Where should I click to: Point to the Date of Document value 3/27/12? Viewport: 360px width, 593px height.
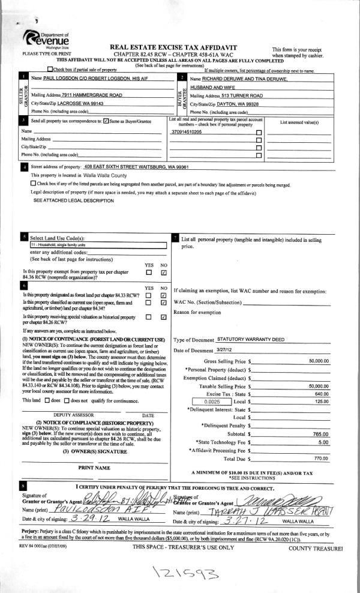226,351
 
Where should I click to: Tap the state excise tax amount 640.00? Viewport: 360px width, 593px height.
321,393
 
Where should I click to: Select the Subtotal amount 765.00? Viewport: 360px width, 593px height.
320,433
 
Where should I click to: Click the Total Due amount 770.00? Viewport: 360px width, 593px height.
320,458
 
